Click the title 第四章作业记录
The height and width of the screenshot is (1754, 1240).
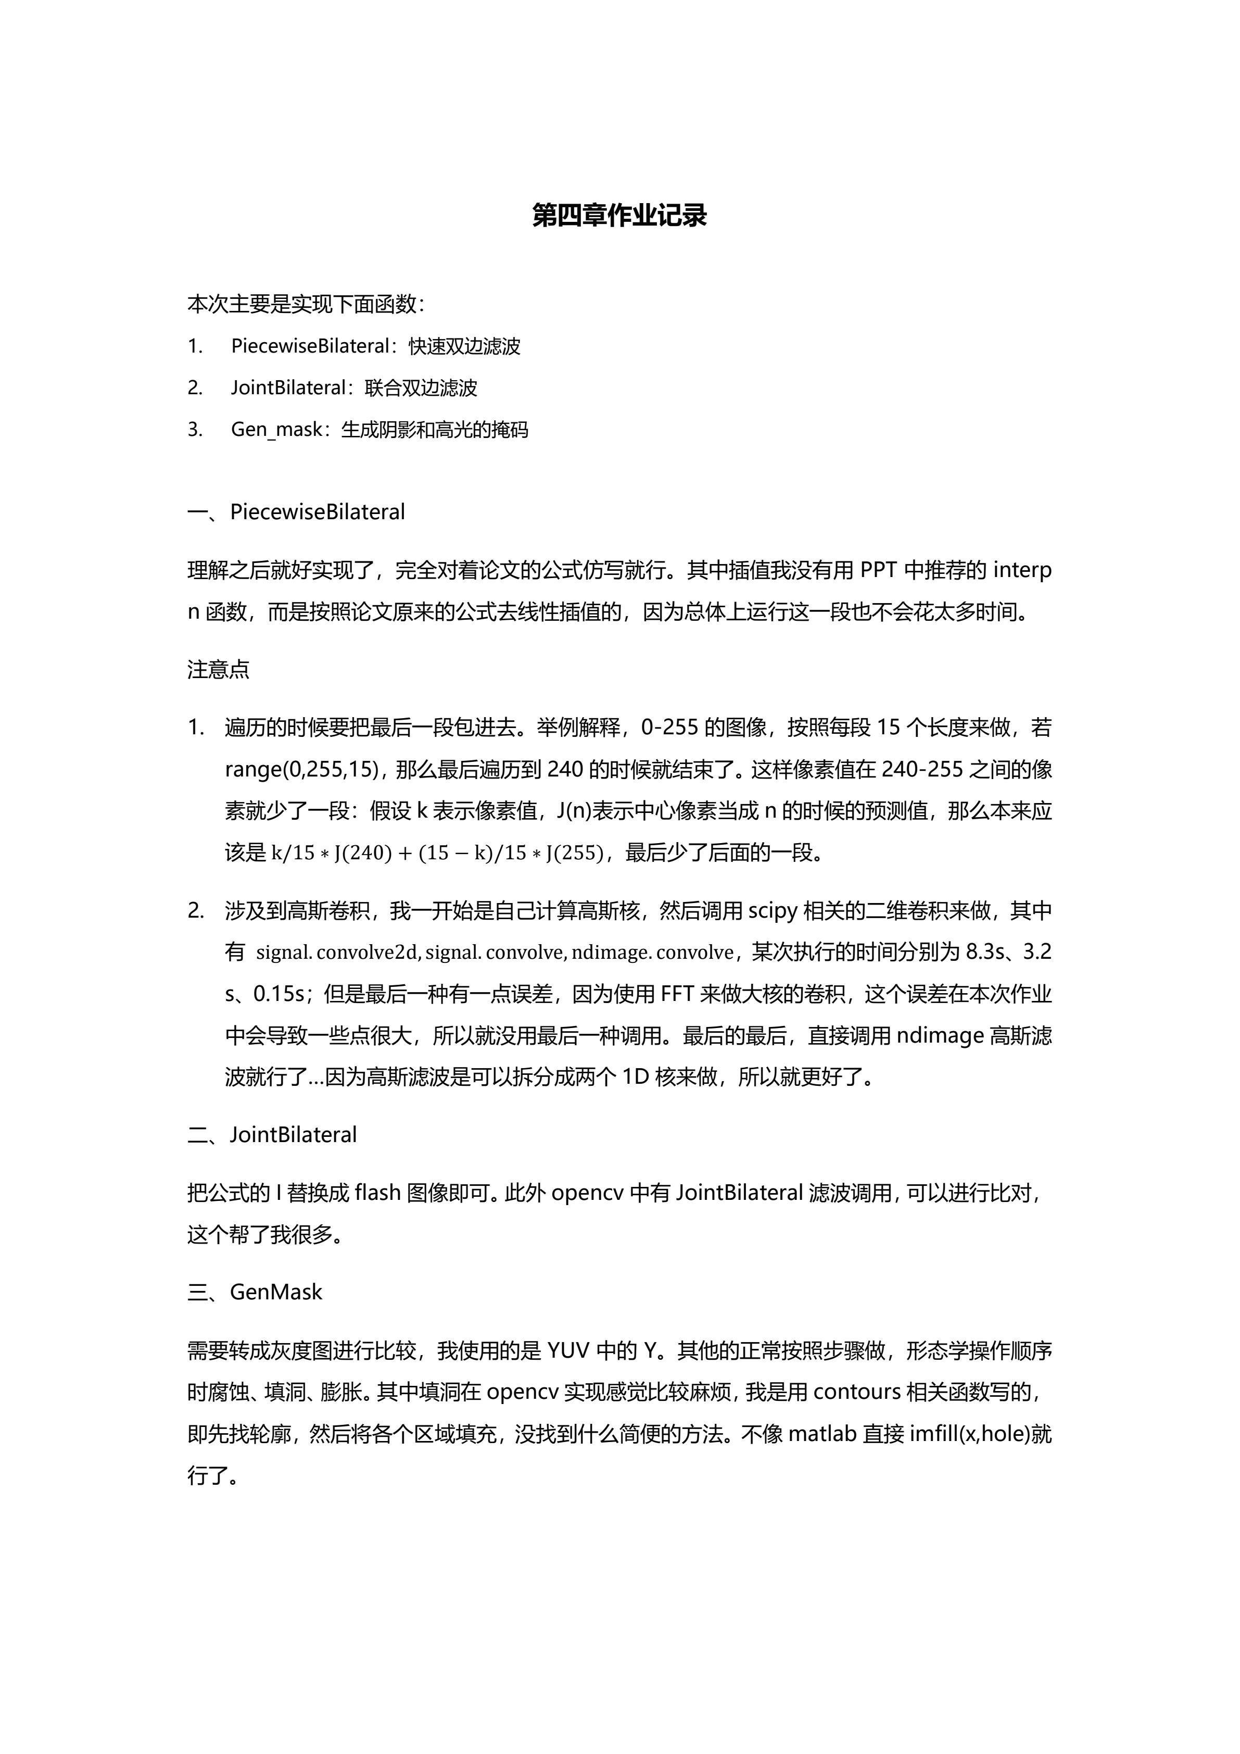pyautogui.click(x=619, y=216)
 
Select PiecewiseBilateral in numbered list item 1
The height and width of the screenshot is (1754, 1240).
pyautogui.click(x=310, y=346)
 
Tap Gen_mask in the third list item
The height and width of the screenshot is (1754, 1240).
pyautogui.click(x=276, y=429)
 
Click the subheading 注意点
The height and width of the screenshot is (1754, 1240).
pyautogui.click(x=218, y=670)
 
